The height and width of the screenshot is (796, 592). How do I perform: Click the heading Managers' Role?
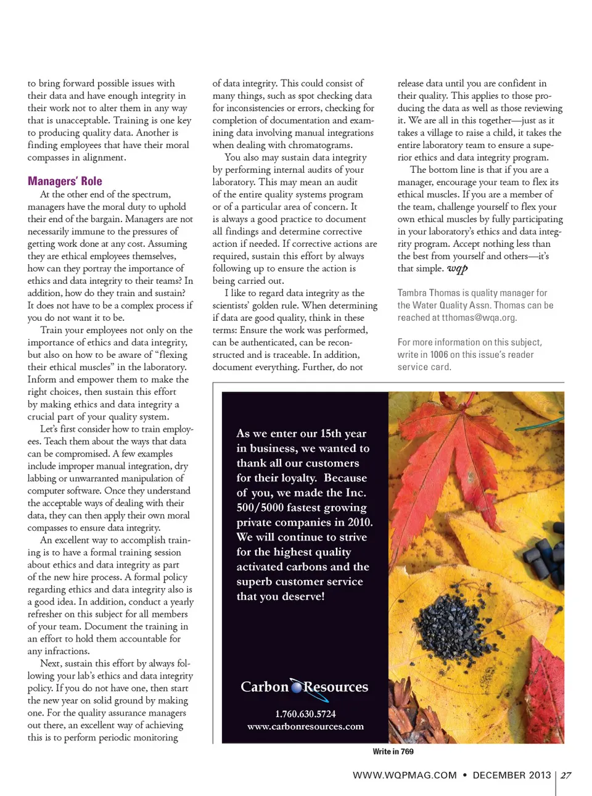point(65,181)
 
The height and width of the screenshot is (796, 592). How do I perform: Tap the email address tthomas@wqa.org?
point(478,318)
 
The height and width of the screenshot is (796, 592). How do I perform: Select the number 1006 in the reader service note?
point(439,355)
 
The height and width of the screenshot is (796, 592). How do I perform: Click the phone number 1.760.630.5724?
point(305,714)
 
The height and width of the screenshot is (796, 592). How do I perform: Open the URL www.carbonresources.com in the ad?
point(305,727)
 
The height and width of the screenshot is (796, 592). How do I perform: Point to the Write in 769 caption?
point(393,752)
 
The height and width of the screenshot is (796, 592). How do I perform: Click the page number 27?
point(566,776)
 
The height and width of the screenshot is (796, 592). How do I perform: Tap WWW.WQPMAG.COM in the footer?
point(405,776)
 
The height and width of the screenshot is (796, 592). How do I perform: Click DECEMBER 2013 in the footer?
point(511,776)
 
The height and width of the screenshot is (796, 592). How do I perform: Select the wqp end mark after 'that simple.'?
point(458,268)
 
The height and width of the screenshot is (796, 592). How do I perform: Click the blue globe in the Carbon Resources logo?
point(297,687)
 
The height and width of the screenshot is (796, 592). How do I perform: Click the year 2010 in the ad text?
point(360,522)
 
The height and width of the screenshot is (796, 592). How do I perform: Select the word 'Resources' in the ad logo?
point(336,687)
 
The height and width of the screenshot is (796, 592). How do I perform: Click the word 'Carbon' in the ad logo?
point(265,687)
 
